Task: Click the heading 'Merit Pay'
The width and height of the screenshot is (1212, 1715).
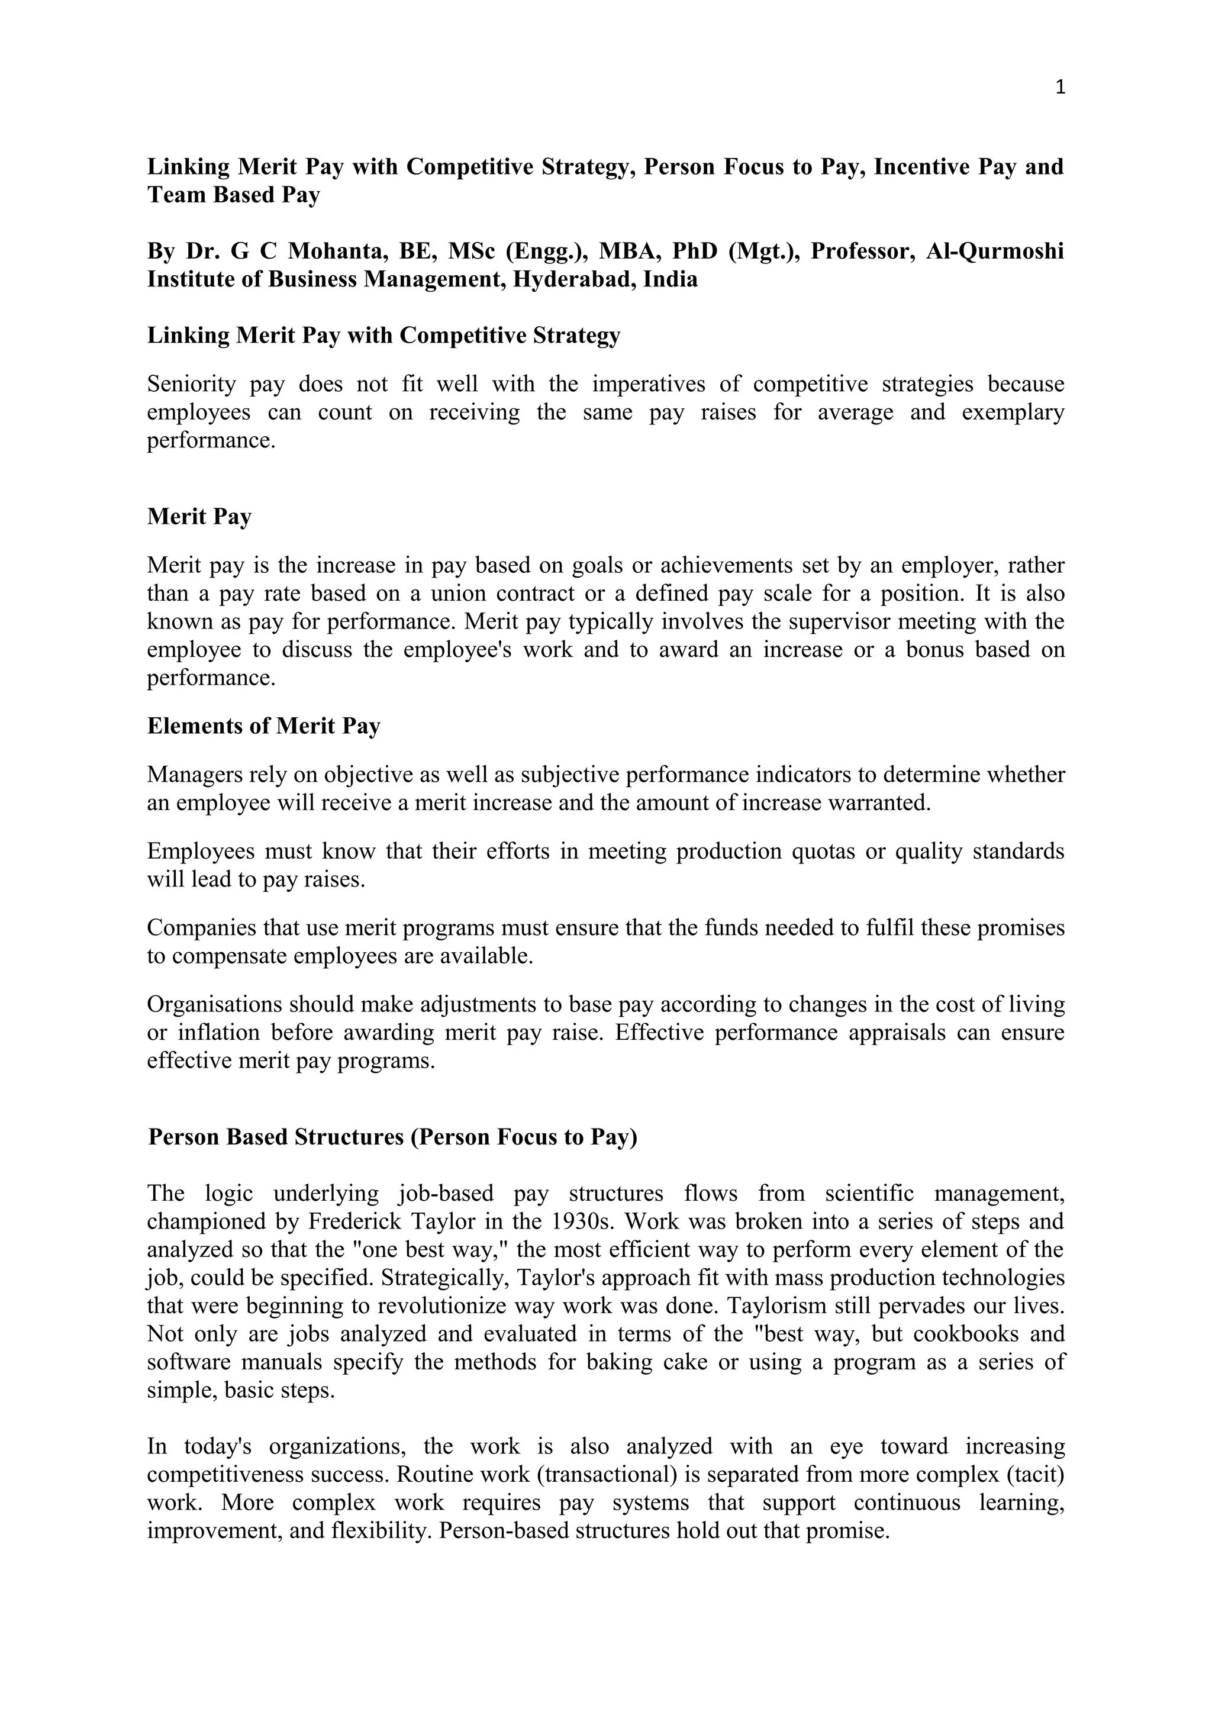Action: pos(199,516)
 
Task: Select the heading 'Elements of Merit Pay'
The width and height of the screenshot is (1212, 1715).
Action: pos(263,726)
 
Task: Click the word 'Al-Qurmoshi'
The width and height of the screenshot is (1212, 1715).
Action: pos(995,251)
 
